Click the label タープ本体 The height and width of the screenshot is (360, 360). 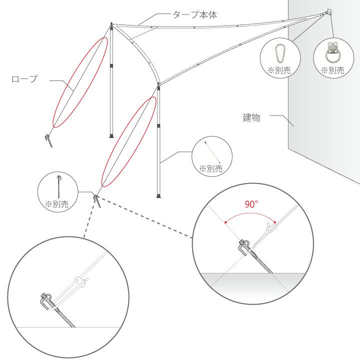click(x=194, y=14)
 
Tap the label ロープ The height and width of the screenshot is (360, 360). click(x=24, y=79)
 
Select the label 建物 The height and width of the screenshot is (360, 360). click(x=251, y=117)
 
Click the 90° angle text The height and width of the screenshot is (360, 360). click(x=251, y=204)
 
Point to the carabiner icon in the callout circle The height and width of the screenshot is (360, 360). click(x=280, y=53)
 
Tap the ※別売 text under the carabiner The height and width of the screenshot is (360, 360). click(x=279, y=70)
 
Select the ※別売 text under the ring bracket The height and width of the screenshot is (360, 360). click(x=332, y=70)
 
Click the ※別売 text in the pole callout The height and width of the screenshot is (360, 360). click(x=211, y=169)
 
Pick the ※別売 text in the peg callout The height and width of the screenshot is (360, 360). click(x=57, y=204)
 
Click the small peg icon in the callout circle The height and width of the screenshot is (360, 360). click(x=59, y=186)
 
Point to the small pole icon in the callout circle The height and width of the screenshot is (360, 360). click(x=212, y=152)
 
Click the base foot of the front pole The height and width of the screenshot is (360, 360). click(x=158, y=196)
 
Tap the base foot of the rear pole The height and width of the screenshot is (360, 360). click(x=111, y=136)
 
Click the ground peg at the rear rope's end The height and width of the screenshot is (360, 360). click(x=49, y=140)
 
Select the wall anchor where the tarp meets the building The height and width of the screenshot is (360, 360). click(x=328, y=12)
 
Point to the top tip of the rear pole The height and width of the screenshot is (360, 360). click(x=111, y=23)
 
